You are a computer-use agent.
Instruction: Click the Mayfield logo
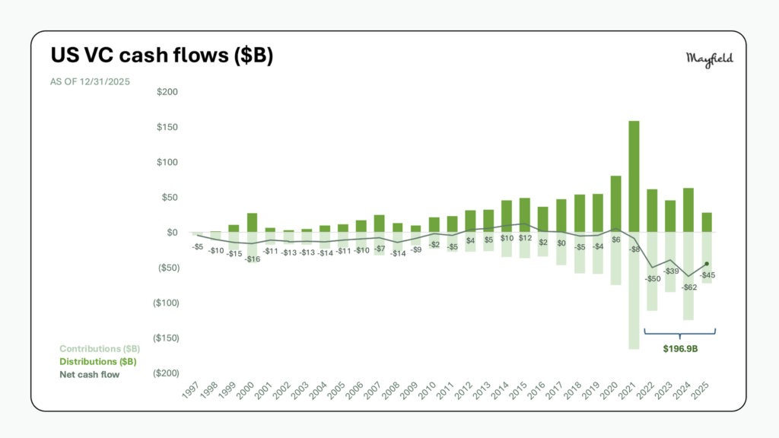click(x=710, y=59)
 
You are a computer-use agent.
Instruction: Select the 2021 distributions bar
click(x=634, y=176)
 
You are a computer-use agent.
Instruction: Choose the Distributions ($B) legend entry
click(x=99, y=361)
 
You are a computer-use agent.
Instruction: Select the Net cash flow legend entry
click(x=90, y=374)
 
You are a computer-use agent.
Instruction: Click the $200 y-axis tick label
click(x=167, y=92)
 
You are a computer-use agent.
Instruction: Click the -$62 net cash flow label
click(x=688, y=287)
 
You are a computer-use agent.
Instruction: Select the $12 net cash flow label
click(x=525, y=238)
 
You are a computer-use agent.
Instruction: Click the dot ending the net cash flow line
click(x=707, y=264)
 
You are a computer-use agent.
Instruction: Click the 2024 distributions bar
click(x=688, y=210)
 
